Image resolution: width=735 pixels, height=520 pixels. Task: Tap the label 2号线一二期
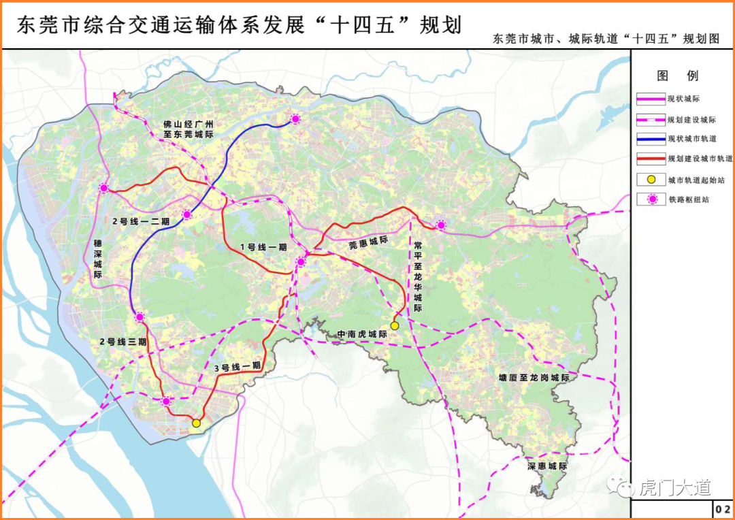pos(141,221)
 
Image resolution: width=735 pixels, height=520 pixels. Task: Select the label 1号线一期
pos(263,247)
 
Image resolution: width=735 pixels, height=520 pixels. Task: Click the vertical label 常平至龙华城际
pos(418,275)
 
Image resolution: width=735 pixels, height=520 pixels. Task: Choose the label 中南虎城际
pos(362,334)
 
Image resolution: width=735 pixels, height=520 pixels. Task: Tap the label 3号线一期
pos(238,366)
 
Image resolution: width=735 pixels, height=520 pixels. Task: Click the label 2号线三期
pos(123,342)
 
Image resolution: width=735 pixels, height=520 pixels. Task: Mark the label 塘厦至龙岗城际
pos(533,378)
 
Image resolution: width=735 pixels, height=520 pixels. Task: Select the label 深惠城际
pos(547,467)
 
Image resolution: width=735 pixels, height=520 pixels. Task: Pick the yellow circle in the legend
pos(651,179)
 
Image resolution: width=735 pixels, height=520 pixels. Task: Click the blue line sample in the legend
pos(651,139)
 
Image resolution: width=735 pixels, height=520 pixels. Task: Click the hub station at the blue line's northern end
pos(295,119)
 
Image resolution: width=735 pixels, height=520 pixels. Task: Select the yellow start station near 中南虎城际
pos(395,326)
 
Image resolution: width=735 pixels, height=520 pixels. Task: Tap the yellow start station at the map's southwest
pos(196,423)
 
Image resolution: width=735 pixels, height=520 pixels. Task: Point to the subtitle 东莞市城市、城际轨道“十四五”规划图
pos(607,39)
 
